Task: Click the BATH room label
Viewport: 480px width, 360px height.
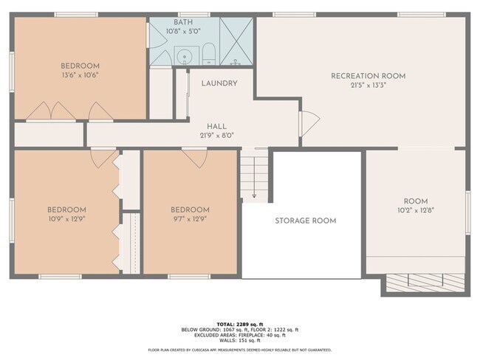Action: point(184,23)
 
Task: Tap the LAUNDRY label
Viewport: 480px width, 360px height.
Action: point(219,83)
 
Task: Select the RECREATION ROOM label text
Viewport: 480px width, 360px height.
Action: point(368,76)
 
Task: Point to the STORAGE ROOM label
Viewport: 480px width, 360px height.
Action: point(305,221)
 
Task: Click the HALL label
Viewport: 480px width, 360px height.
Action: point(216,126)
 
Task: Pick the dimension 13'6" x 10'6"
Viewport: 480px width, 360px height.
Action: point(81,75)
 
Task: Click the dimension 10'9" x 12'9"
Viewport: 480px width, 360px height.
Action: point(67,219)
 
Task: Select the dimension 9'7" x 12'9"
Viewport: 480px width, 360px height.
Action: point(190,219)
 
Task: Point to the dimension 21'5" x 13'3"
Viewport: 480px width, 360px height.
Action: point(368,86)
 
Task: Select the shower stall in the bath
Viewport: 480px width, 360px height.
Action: point(236,41)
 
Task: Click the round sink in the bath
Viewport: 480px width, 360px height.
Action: point(185,55)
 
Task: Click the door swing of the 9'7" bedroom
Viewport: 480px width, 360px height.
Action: point(195,158)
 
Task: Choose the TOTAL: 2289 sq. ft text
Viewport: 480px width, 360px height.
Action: point(239,324)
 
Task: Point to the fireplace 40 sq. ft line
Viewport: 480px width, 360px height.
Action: point(239,335)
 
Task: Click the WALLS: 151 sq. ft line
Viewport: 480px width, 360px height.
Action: point(239,340)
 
